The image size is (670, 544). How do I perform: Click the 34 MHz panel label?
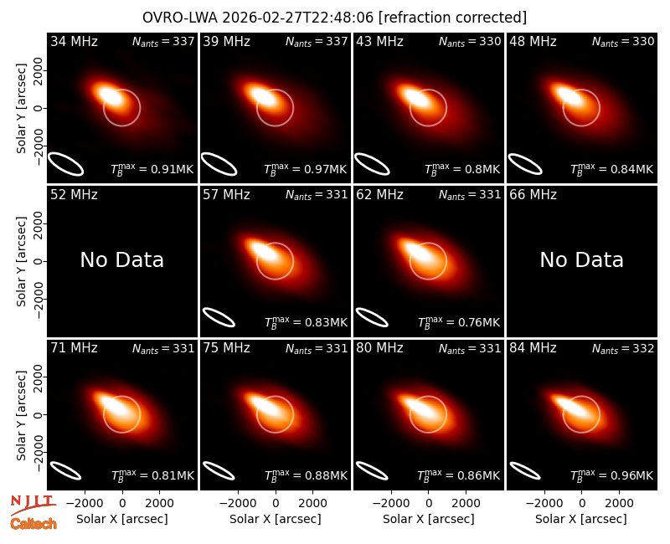(74, 41)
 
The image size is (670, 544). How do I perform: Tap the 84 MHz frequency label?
(533, 348)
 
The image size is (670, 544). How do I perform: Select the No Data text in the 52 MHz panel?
(121, 259)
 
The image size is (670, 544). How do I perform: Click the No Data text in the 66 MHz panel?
(581, 259)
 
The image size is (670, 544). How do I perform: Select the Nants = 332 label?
(623, 349)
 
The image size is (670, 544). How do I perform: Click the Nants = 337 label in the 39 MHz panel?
(317, 42)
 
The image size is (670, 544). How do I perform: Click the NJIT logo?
(33, 504)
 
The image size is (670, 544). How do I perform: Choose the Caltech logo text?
(33, 524)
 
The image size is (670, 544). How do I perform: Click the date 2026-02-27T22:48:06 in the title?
(298, 18)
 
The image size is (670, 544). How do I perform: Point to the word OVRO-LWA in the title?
(180, 18)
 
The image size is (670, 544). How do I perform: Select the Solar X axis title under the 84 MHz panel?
(581, 519)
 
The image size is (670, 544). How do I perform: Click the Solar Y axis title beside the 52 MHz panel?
(22, 261)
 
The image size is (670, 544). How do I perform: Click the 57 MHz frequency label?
(226, 195)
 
